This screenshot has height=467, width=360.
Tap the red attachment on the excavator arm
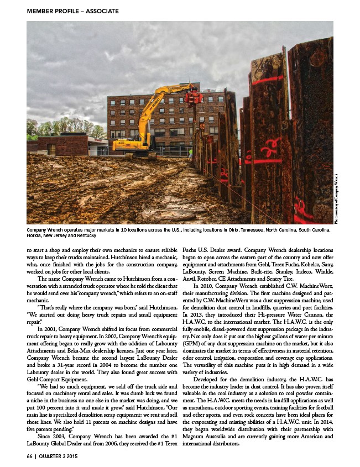(x=193, y=98)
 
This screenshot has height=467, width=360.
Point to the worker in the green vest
(x=191, y=152)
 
